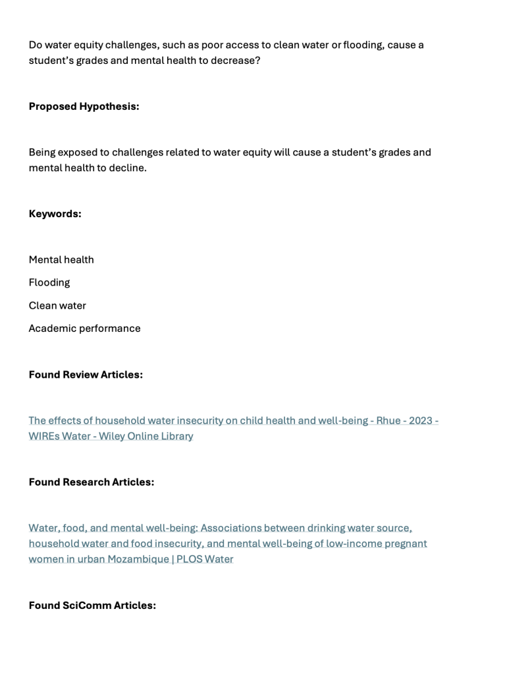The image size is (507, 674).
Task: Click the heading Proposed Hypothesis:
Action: [84, 107]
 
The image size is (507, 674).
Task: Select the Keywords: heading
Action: [55, 214]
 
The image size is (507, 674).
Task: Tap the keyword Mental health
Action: [61, 259]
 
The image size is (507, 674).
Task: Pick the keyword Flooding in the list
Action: [49, 282]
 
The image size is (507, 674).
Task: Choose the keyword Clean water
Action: [57, 305]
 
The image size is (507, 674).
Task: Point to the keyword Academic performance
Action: [84, 328]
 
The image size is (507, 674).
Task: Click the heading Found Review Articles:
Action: [86, 375]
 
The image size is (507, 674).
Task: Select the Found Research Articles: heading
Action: [92, 482]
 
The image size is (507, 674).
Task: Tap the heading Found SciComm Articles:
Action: [92, 605]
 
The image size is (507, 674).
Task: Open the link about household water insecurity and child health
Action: [198, 421]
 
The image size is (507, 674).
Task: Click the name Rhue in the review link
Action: [388, 421]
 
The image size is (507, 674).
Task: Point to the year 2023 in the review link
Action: [421, 421]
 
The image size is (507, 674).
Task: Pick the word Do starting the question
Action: [36, 45]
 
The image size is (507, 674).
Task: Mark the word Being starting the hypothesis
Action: [41, 152]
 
